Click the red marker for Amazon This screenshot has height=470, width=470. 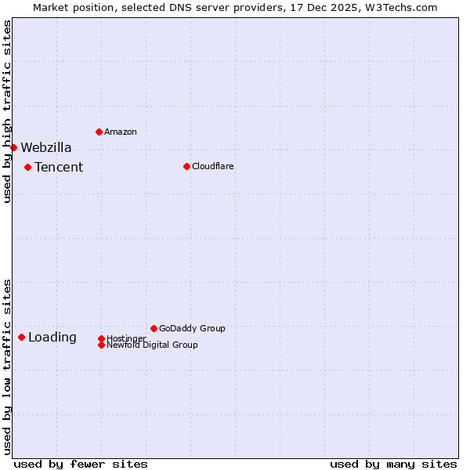99,132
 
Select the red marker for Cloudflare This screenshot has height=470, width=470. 186,166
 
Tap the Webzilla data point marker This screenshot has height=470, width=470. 13,147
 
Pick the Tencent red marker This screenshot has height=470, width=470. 27,167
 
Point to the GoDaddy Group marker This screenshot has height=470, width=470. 154,328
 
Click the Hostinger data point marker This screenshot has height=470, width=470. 101,338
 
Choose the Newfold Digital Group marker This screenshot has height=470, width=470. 101,345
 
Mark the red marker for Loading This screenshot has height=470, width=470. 21,337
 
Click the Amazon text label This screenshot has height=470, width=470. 120,132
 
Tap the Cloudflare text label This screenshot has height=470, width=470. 212,166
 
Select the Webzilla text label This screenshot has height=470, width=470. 45,147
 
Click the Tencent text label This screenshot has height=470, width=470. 59,167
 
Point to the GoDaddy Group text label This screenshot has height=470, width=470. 192,328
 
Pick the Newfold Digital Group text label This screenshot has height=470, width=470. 152,345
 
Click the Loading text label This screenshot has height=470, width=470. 52,338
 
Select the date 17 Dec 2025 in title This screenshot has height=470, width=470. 316,7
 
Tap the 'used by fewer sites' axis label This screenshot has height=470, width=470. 81,464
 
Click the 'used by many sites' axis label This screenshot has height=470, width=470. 393,464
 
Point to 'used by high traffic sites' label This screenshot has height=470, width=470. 7,111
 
